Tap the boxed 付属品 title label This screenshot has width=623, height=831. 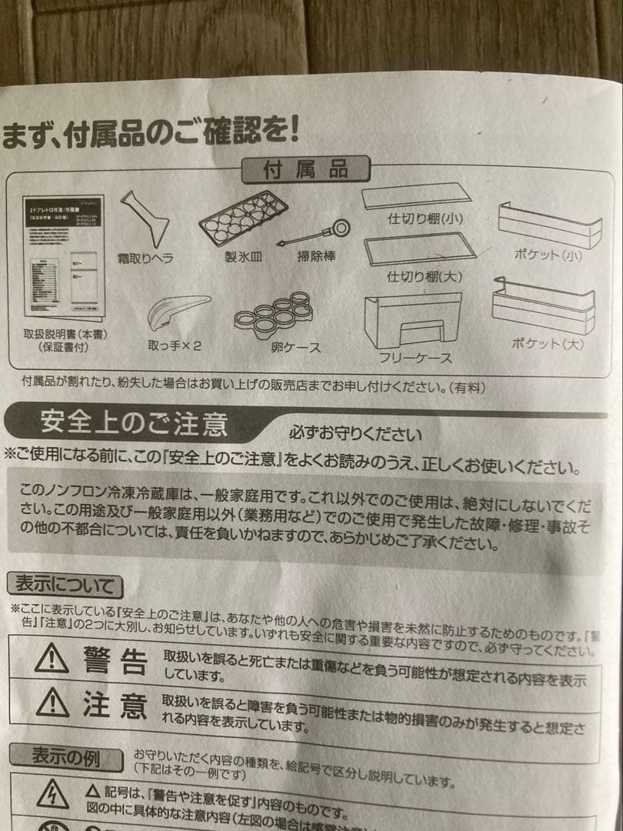point(305,169)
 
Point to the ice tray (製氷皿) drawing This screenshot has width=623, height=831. point(243,218)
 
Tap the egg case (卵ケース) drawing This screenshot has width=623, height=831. point(274,314)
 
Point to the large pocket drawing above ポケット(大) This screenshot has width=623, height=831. point(544,305)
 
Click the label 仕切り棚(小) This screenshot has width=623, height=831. point(425,219)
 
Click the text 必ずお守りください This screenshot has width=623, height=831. point(355,433)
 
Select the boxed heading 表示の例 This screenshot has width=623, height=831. point(65,758)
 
